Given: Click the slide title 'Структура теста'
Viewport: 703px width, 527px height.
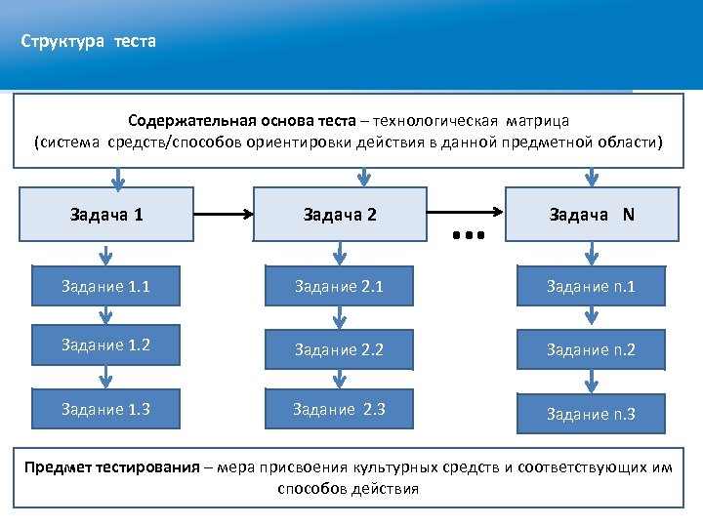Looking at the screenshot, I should click(x=89, y=42).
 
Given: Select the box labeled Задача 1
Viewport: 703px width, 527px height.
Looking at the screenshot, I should click(x=107, y=214).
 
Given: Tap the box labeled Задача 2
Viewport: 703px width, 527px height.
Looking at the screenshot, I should click(x=340, y=214).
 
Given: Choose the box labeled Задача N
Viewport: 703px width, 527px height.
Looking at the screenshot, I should click(x=592, y=214).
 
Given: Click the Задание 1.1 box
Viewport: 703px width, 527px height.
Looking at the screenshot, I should click(x=105, y=287).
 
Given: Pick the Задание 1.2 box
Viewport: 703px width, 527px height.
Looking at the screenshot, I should click(x=105, y=345).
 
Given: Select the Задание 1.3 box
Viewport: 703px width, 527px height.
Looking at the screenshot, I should click(x=105, y=409).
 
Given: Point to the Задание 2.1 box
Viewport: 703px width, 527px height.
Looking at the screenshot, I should click(x=339, y=287).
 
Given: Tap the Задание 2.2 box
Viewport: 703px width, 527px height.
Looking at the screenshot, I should click(x=339, y=348).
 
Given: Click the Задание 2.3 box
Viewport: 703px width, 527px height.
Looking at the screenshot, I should click(x=339, y=409).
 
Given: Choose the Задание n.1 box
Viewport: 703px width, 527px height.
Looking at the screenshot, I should click(x=591, y=287).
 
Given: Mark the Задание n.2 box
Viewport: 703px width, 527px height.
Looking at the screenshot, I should click(x=591, y=349).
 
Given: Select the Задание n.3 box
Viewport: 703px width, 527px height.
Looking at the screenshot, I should click(x=591, y=414).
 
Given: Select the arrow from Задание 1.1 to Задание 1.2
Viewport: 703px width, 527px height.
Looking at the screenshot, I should click(x=104, y=316).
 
